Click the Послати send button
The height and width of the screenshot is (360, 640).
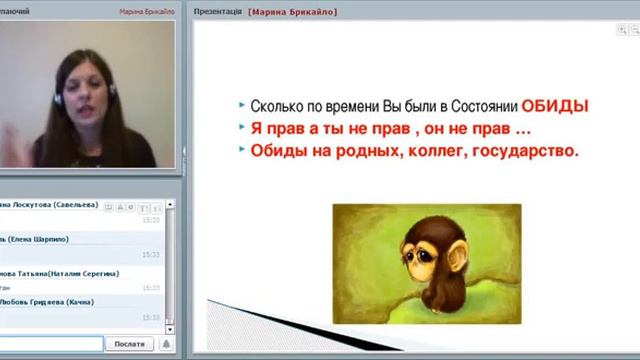tap(128, 343)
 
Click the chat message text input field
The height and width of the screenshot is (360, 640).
tap(50, 343)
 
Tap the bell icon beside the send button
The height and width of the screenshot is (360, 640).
tap(167, 343)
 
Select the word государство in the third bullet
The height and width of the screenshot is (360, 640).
tap(530, 152)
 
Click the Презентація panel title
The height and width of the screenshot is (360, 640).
tap(218, 11)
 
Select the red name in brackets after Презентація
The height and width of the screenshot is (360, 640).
tap(293, 11)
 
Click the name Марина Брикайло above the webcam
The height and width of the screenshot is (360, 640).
tap(146, 11)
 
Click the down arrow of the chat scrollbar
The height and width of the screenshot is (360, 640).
tap(172, 326)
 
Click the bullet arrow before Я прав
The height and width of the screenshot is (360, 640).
tap(242, 129)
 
